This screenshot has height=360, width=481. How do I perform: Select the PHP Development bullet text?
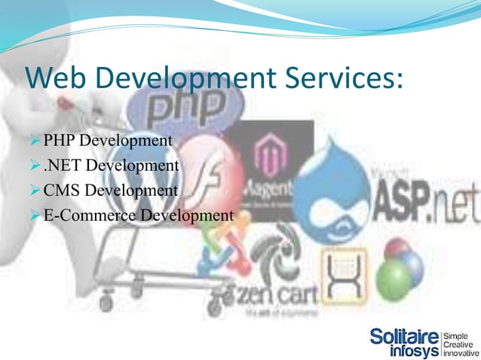108,141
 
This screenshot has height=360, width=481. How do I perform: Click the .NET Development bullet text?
111,166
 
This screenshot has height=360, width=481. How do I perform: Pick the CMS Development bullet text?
111,191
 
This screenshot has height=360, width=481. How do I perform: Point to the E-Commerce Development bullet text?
138,216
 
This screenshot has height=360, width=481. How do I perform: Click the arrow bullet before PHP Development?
33,141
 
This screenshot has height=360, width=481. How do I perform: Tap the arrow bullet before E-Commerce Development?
33,216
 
